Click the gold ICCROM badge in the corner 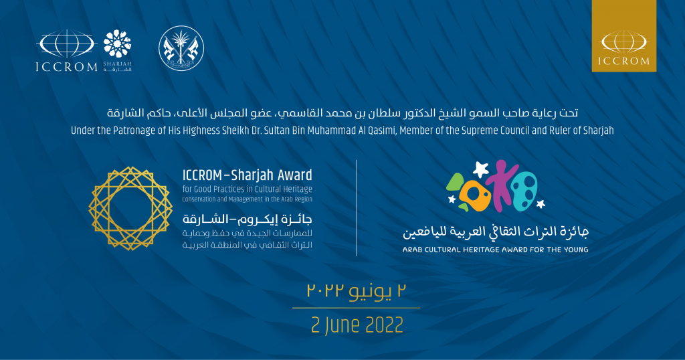(624, 36)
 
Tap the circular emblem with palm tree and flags (181, 48)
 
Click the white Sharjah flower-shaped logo (117, 43)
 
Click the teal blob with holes (524, 192)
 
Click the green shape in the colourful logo (454, 185)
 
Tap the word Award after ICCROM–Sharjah (296, 175)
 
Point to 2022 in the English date (384, 325)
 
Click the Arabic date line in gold (357, 291)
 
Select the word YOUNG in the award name (574, 250)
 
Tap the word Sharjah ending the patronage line (599, 130)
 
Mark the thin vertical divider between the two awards (357, 208)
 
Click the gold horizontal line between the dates (356, 308)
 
